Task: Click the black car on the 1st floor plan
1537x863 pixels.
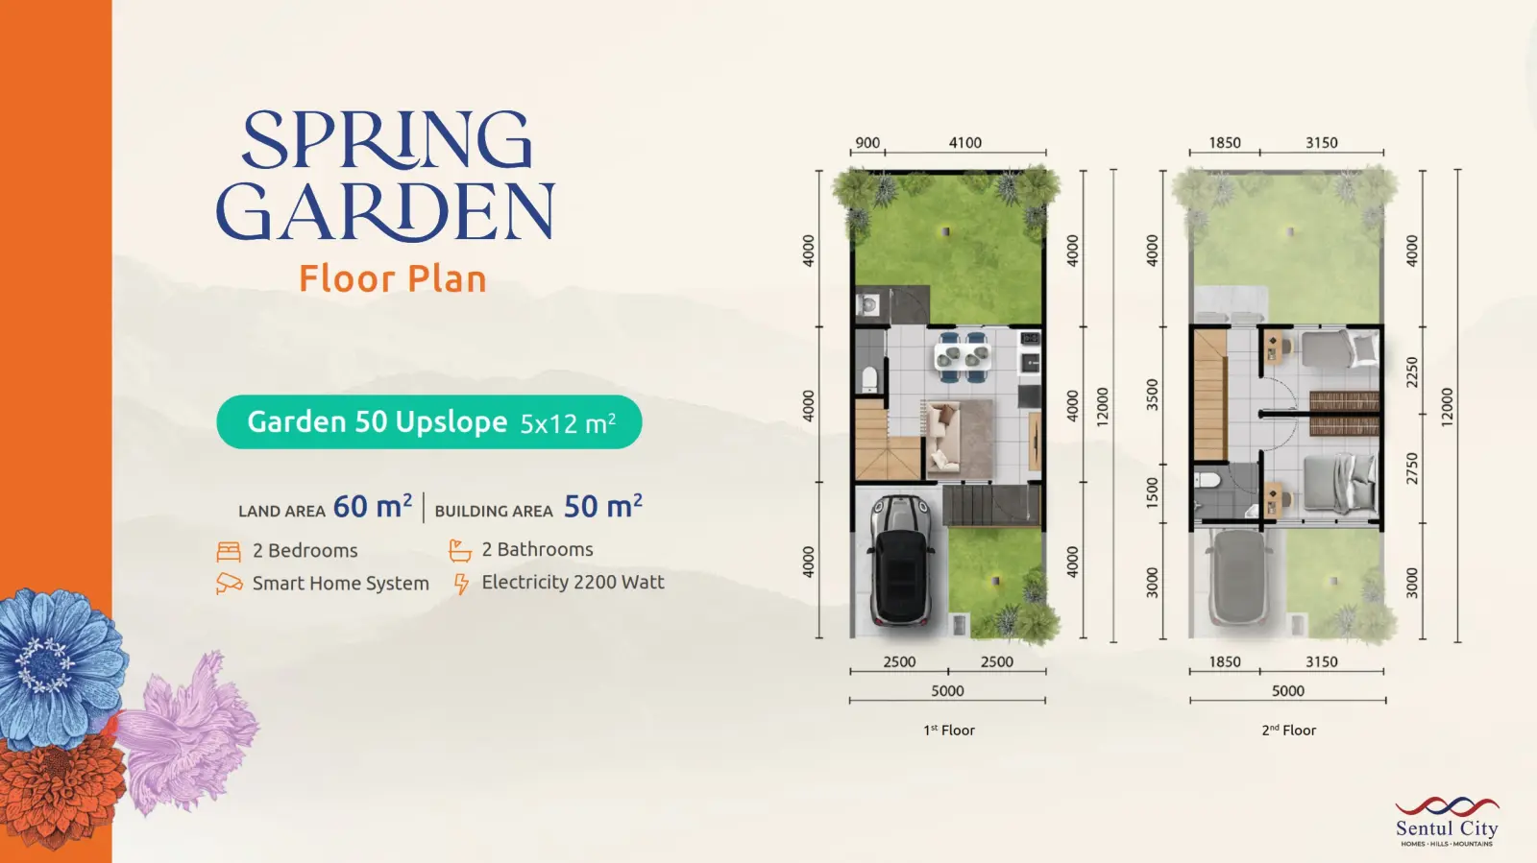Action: (x=901, y=562)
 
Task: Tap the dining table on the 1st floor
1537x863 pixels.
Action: (x=962, y=356)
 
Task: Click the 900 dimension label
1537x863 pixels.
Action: (x=867, y=143)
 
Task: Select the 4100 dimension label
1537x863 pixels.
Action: (x=964, y=143)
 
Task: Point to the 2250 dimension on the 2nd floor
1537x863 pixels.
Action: (x=1411, y=372)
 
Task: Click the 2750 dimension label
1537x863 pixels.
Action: (x=1411, y=468)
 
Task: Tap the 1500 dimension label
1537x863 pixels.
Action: (x=1152, y=492)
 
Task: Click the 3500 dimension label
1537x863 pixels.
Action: (x=1152, y=395)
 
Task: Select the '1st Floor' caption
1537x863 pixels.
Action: (x=948, y=730)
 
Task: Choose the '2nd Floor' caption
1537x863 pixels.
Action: (x=1288, y=730)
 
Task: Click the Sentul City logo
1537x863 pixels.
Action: (x=1447, y=821)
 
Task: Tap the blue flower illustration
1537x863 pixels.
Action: (x=61, y=666)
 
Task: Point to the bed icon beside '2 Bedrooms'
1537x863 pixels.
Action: (x=229, y=551)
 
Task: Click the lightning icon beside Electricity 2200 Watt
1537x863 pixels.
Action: (x=461, y=584)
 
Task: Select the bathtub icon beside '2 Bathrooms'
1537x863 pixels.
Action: (x=460, y=550)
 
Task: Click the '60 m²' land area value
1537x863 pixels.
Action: (x=373, y=506)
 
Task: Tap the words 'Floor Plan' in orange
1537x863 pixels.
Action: (x=393, y=279)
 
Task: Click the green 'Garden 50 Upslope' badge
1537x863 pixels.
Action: (x=429, y=422)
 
